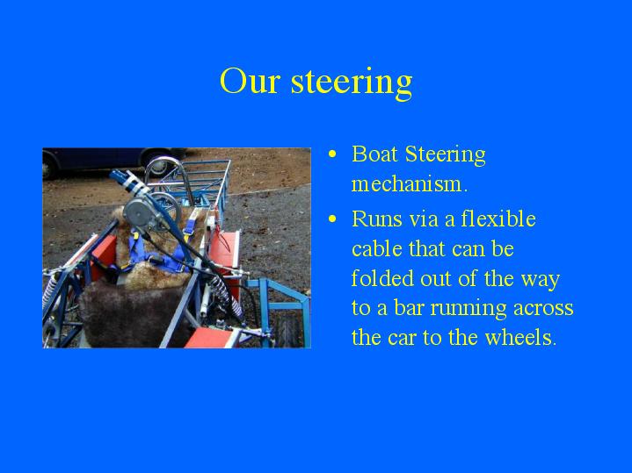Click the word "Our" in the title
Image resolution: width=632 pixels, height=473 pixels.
(x=250, y=81)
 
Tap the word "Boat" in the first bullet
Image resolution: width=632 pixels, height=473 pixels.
(x=374, y=154)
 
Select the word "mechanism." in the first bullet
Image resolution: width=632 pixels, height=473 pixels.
(x=410, y=184)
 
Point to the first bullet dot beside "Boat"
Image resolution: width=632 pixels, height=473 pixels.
(x=332, y=154)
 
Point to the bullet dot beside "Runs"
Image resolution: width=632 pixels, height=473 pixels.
(x=332, y=219)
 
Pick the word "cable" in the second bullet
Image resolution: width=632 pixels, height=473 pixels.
(x=377, y=248)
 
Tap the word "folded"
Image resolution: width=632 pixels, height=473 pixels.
(x=383, y=278)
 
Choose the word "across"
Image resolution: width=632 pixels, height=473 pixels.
(x=543, y=309)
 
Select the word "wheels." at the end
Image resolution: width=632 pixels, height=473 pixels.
(x=520, y=337)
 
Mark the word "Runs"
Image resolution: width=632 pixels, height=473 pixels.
(x=377, y=219)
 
